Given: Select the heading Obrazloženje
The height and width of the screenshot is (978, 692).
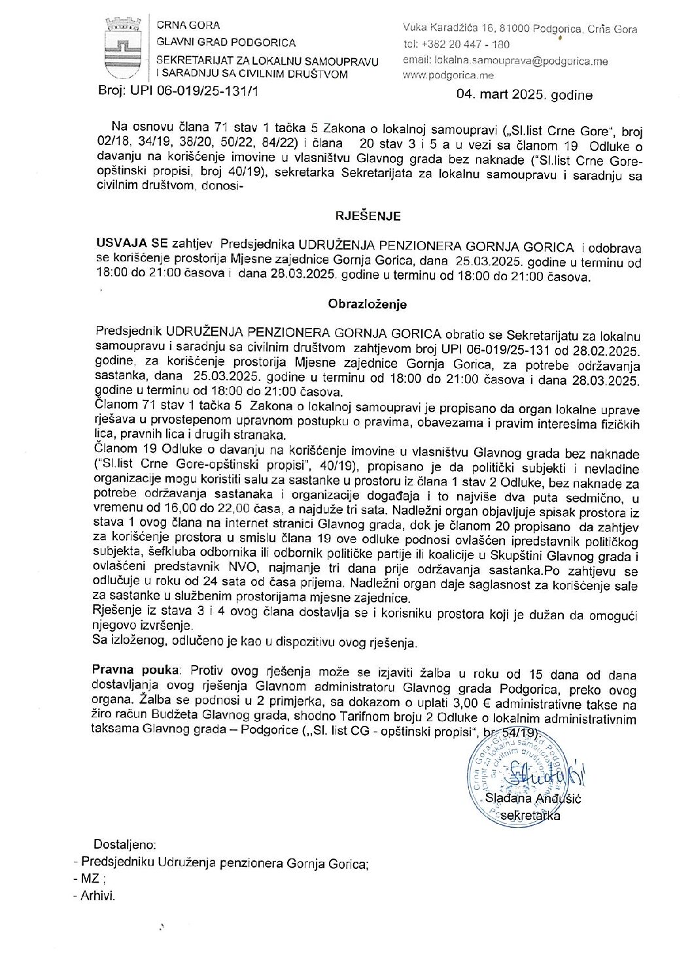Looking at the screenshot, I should point(367,304).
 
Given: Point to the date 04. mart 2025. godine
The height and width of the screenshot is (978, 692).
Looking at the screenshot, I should point(525,95).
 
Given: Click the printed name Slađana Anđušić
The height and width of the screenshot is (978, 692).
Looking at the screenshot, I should point(533,798).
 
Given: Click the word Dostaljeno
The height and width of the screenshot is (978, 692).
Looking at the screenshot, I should point(125,844).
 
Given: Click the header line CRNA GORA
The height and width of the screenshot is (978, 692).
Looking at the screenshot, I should point(188,25).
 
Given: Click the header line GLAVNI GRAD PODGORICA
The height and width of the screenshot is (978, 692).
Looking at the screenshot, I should point(226,42).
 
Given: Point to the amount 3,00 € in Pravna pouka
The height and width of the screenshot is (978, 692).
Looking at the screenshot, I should point(472,704).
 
